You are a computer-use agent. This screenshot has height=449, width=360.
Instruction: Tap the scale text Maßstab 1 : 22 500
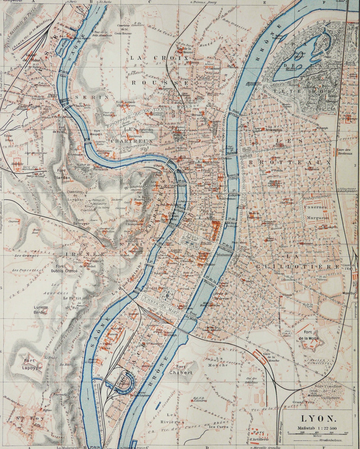(317, 428)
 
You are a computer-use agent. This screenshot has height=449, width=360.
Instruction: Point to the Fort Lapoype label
(32, 364)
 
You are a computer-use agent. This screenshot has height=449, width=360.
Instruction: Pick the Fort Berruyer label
(82, 222)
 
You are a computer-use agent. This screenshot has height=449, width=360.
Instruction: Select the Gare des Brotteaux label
(344, 152)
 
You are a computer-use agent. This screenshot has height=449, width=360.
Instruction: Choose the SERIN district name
(92, 97)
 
